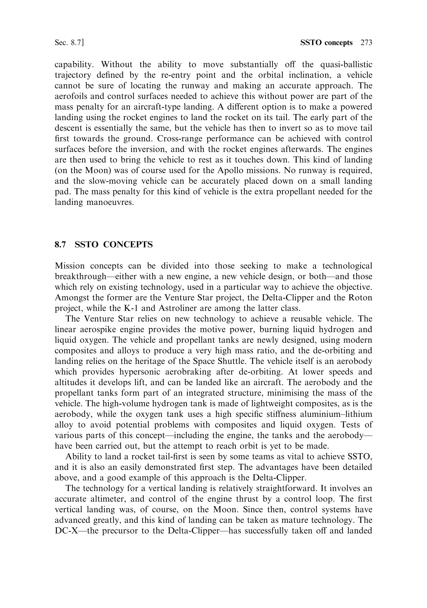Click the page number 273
(366, 43)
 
